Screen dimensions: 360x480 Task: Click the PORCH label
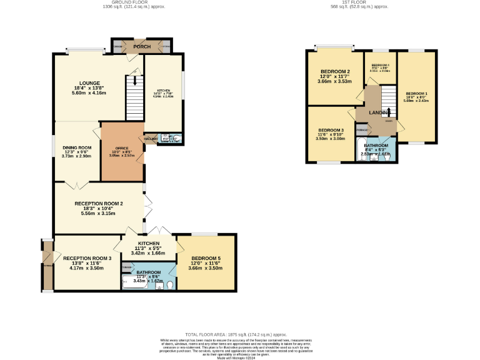click(x=142, y=46)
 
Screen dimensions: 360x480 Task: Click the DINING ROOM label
click(x=77, y=148)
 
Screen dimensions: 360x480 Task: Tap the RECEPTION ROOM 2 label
click(x=99, y=204)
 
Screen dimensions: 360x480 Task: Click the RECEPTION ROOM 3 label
click(x=87, y=258)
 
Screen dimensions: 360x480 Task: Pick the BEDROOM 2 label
click(x=334, y=71)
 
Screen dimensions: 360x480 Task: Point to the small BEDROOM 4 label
click(x=380, y=66)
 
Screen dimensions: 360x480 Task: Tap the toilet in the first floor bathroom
click(x=389, y=157)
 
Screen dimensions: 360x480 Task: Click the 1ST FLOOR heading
click(x=359, y=2)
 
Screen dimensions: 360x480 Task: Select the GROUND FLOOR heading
click(x=120, y=2)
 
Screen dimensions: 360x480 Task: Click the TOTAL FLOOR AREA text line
click(x=240, y=334)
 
